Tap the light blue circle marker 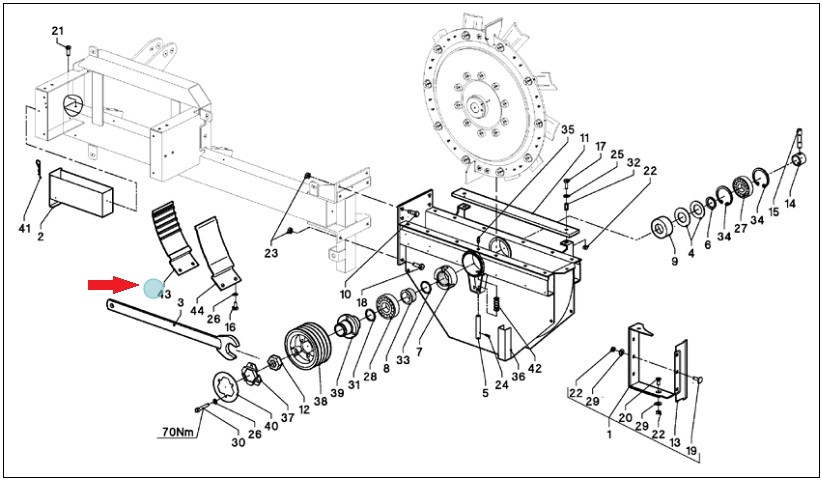154,288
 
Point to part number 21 58,31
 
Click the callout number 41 23,228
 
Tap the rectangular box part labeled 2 81,192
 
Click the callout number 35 568,129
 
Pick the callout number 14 789,203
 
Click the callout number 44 197,311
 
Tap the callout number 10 345,294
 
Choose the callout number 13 675,443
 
